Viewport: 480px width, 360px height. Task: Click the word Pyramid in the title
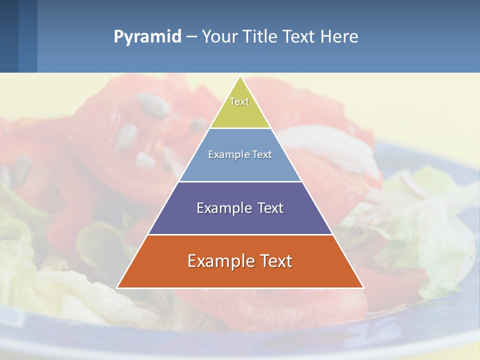[147, 36]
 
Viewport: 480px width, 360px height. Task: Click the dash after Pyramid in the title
[191, 37]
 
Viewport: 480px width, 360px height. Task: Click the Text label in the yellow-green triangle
[239, 101]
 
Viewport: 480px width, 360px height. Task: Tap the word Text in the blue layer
[262, 154]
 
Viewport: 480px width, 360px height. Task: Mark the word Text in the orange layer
[275, 261]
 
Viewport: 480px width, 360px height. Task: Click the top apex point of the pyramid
[240, 76]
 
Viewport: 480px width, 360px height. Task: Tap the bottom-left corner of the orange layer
[117, 287]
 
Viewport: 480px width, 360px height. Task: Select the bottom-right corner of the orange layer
[363, 287]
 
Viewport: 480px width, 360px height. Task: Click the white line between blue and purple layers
[240, 181]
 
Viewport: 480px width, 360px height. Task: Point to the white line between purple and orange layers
[240, 234]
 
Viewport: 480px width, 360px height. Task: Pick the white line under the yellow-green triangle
[240, 128]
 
